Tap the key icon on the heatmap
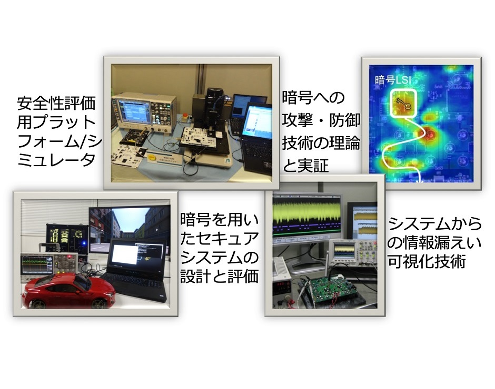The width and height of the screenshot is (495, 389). pos(403,104)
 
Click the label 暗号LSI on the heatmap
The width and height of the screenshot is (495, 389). pos(393,80)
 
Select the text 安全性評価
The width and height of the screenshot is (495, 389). pos(56,104)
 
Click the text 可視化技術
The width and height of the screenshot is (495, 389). pos(427,261)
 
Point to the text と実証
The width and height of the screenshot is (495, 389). pos(305,166)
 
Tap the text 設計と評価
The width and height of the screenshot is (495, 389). pos(220,276)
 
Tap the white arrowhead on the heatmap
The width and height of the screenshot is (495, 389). pos(420,181)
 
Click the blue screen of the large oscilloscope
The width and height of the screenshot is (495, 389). pos(133,112)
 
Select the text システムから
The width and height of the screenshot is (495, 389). pos(434,223)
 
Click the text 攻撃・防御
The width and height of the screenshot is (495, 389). pos(321,120)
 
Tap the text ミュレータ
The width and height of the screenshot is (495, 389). pos(56,160)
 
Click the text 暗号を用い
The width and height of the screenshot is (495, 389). pos(220,219)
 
